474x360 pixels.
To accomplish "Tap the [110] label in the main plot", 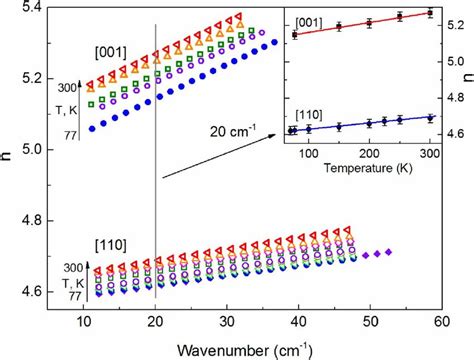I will pyautogui.click(x=111, y=245).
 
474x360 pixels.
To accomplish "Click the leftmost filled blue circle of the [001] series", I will pyautogui.click(x=94, y=128).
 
